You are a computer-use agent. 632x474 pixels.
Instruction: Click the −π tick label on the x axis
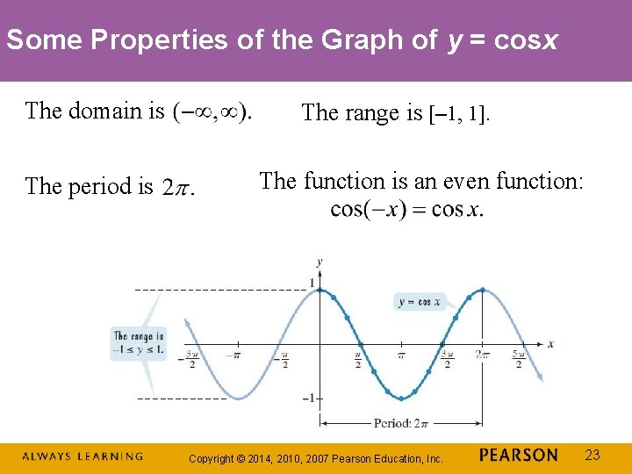tap(233, 355)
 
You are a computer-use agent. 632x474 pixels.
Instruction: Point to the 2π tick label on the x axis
tap(482, 355)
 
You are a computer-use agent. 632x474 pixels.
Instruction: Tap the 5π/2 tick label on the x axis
tap(518, 359)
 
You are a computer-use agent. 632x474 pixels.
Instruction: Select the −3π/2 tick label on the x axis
tap(191, 359)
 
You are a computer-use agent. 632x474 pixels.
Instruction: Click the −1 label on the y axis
tap(308, 399)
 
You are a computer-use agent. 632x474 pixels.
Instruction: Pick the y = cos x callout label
tap(420, 302)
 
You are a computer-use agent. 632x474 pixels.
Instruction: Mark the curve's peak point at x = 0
tap(320, 290)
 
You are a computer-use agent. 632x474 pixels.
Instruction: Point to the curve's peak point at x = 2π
tap(482, 290)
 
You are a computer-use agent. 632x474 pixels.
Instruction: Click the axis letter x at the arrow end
tap(550, 344)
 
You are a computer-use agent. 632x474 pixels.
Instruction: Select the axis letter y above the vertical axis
tap(319, 262)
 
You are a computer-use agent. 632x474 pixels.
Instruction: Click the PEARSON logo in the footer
tap(519, 455)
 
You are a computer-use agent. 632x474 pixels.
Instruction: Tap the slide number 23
tap(592, 455)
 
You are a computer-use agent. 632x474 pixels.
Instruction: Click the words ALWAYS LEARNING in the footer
tap(82, 456)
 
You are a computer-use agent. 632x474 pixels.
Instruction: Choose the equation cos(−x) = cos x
tap(406, 210)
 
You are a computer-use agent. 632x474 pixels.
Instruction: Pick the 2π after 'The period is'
tap(178, 188)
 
